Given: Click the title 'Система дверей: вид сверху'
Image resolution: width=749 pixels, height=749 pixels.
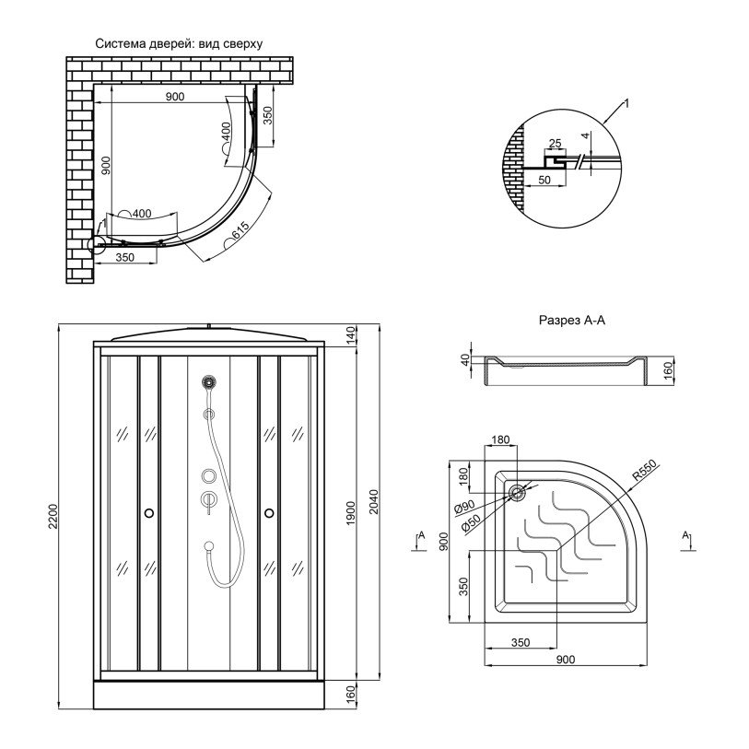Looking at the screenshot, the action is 179,44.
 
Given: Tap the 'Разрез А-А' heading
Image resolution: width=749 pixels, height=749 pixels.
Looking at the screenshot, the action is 572,320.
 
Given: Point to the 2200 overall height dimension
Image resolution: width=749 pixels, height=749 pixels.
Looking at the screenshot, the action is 53,516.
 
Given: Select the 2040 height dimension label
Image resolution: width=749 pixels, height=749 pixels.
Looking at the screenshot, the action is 374,501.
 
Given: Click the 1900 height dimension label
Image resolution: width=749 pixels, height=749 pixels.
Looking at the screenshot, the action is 351,513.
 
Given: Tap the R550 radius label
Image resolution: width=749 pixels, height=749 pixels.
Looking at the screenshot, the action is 644,470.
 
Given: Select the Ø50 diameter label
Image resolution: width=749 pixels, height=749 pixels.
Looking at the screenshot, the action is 471,523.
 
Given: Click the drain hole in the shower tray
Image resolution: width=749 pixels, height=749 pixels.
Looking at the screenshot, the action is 517,493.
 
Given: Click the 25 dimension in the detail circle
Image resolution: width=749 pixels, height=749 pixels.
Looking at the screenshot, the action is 555,144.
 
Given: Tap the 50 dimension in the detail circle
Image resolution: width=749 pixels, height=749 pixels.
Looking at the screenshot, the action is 544,180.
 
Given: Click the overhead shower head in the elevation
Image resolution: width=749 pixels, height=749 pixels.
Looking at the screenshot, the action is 209,381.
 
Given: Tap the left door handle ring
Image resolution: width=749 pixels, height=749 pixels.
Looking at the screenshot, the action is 149,513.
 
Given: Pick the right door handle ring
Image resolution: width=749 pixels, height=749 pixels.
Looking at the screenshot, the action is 269,513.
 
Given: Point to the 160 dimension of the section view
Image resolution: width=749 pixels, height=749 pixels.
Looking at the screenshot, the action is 667,369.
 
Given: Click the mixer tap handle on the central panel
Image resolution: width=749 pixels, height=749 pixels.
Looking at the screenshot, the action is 209,500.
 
